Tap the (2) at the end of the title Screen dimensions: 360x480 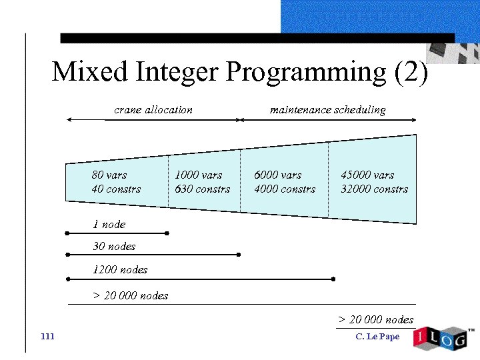tap(411, 71)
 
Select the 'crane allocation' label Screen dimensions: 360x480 tap(153, 109)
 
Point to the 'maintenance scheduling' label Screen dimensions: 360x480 tap(327, 109)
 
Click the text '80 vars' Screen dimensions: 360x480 tap(109, 175)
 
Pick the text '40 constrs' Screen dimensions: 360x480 tap(117, 189)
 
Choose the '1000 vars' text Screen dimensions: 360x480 tap(198, 175)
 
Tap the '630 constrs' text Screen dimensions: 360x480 tap(202, 189)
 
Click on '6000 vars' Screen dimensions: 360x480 tap(277, 175)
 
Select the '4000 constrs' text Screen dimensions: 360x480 tap(285, 189)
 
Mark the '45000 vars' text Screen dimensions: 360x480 tap(367, 175)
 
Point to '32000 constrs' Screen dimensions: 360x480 tap(374, 189)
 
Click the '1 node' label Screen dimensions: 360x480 tap(109, 224)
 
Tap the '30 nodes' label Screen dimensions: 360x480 tap(114, 246)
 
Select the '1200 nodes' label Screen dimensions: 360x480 tap(120, 269)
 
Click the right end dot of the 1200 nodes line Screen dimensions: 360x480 tap(333, 279)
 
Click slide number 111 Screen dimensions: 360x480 tap(47, 336)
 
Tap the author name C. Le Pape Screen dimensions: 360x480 tap(377, 336)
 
